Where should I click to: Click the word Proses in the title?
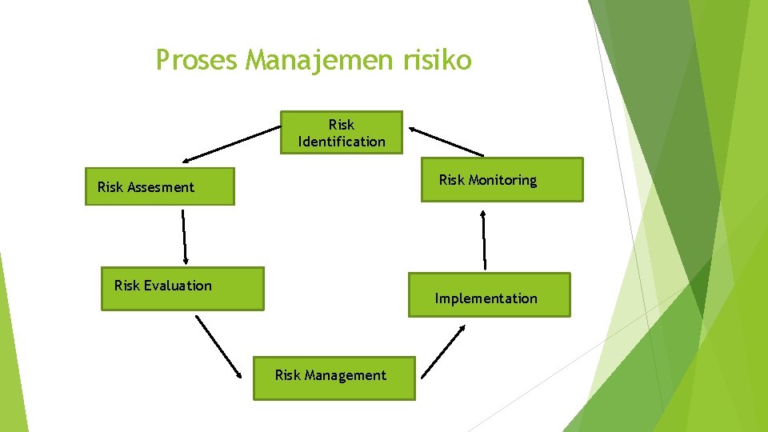(x=198, y=60)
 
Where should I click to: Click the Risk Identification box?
(x=342, y=132)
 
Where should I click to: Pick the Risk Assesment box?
(x=160, y=186)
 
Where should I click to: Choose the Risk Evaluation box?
(x=182, y=288)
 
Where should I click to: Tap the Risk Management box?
(x=334, y=378)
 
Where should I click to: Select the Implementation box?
(x=490, y=295)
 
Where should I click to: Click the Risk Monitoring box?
(x=502, y=180)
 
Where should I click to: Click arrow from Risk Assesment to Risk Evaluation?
(x=184, y=237)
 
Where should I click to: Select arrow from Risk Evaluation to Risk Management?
(x=219, y=346)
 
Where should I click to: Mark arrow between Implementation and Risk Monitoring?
(x=484, y=239)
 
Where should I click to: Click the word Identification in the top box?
(x=342, y=142)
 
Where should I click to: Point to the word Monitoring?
(x=502, y=180)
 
